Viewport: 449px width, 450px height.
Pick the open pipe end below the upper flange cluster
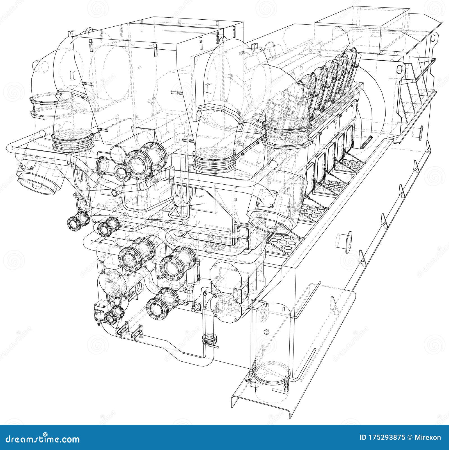point(115,192)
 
